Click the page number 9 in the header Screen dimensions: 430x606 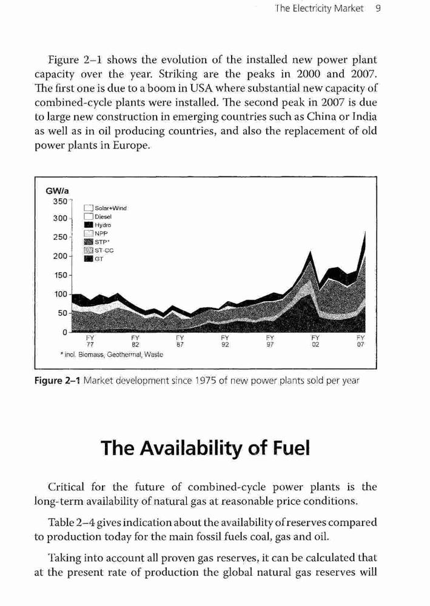(378, 8)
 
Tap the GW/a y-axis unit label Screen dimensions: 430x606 (57, 191)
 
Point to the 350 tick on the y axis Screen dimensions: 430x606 (60, 201)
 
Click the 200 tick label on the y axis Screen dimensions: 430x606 (60, 256)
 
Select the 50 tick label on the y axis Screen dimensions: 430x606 (62, 313)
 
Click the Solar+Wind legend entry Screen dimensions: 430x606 (105, 208)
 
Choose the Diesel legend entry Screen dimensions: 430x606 (98, 217)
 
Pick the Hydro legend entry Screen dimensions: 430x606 (98, 225)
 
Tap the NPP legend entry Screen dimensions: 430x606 (96, 234)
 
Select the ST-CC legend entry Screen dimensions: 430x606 (99, 250)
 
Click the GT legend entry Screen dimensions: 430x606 (94, 259)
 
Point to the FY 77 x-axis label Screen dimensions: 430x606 (90, 341)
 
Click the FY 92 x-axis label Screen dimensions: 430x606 (225, 341)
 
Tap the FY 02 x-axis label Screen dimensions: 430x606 (315, 341)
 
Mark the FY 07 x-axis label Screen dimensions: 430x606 (360, 341)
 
